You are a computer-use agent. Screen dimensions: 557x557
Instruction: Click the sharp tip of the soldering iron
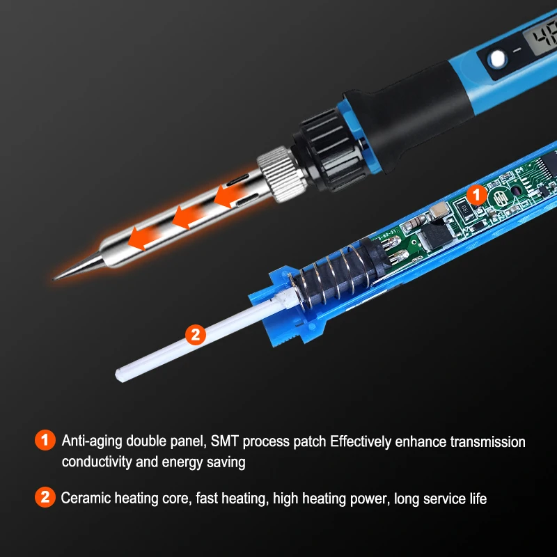click(58, 277)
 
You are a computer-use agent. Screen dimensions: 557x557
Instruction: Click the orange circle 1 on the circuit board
click(476, 194)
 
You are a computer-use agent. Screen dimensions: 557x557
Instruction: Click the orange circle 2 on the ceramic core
click(196, 334)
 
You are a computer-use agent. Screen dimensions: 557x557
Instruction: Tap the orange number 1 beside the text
click(45, 441)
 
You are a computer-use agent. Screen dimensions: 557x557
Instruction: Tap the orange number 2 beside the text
click(45, 498)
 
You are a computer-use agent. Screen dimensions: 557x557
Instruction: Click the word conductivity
click(97, 462)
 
